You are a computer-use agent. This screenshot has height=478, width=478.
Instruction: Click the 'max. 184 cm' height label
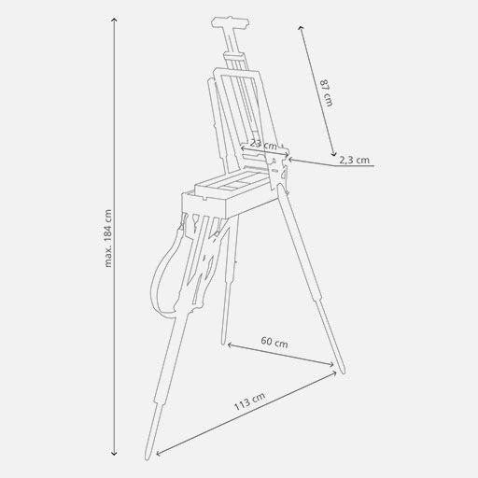tap(108, 237)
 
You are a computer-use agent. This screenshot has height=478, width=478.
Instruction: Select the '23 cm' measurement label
tap(263, 145)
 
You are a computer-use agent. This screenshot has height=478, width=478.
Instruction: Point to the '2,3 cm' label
tap(354, 161)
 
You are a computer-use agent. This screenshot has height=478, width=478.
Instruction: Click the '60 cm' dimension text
tap(274, 344)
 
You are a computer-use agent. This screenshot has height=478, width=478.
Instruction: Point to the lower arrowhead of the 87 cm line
tap(333, 154)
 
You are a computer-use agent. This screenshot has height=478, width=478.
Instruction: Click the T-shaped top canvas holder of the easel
tap(228, 21)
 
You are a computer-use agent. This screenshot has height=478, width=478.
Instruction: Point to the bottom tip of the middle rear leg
tap(223, 342)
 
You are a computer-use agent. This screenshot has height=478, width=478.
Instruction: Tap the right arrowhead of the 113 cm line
tap(336, 374)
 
